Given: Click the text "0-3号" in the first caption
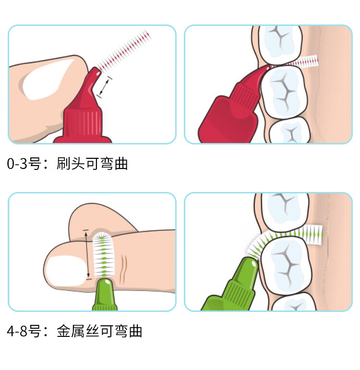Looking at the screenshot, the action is click(x=24, y=163).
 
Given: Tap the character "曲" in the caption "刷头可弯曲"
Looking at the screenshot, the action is click(x=121, y=163).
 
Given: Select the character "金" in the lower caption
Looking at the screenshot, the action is click(x=64, y=331).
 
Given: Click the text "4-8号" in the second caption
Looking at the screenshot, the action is click(x=24, y=331).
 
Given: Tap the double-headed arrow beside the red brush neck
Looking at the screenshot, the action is click(x=104, y=86).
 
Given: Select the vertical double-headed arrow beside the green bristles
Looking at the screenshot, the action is click(x=87, y=254).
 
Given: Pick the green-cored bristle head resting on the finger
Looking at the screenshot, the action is click(x=104, y=254).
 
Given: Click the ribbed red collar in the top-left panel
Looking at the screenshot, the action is click(x=83, y=123).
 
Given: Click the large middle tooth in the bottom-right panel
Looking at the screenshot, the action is click(x=286, y=265).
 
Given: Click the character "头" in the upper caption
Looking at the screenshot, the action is click(x=78, y=163).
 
